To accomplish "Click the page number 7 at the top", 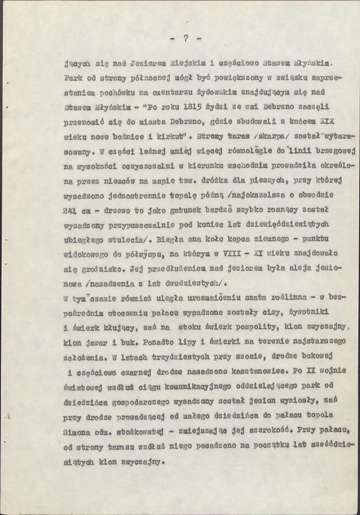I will click(186, 38).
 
